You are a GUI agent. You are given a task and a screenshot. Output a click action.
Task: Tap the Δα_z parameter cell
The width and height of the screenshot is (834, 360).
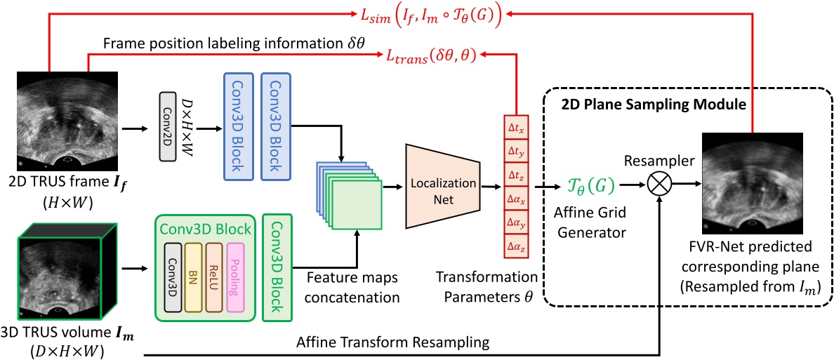(515, 245)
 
